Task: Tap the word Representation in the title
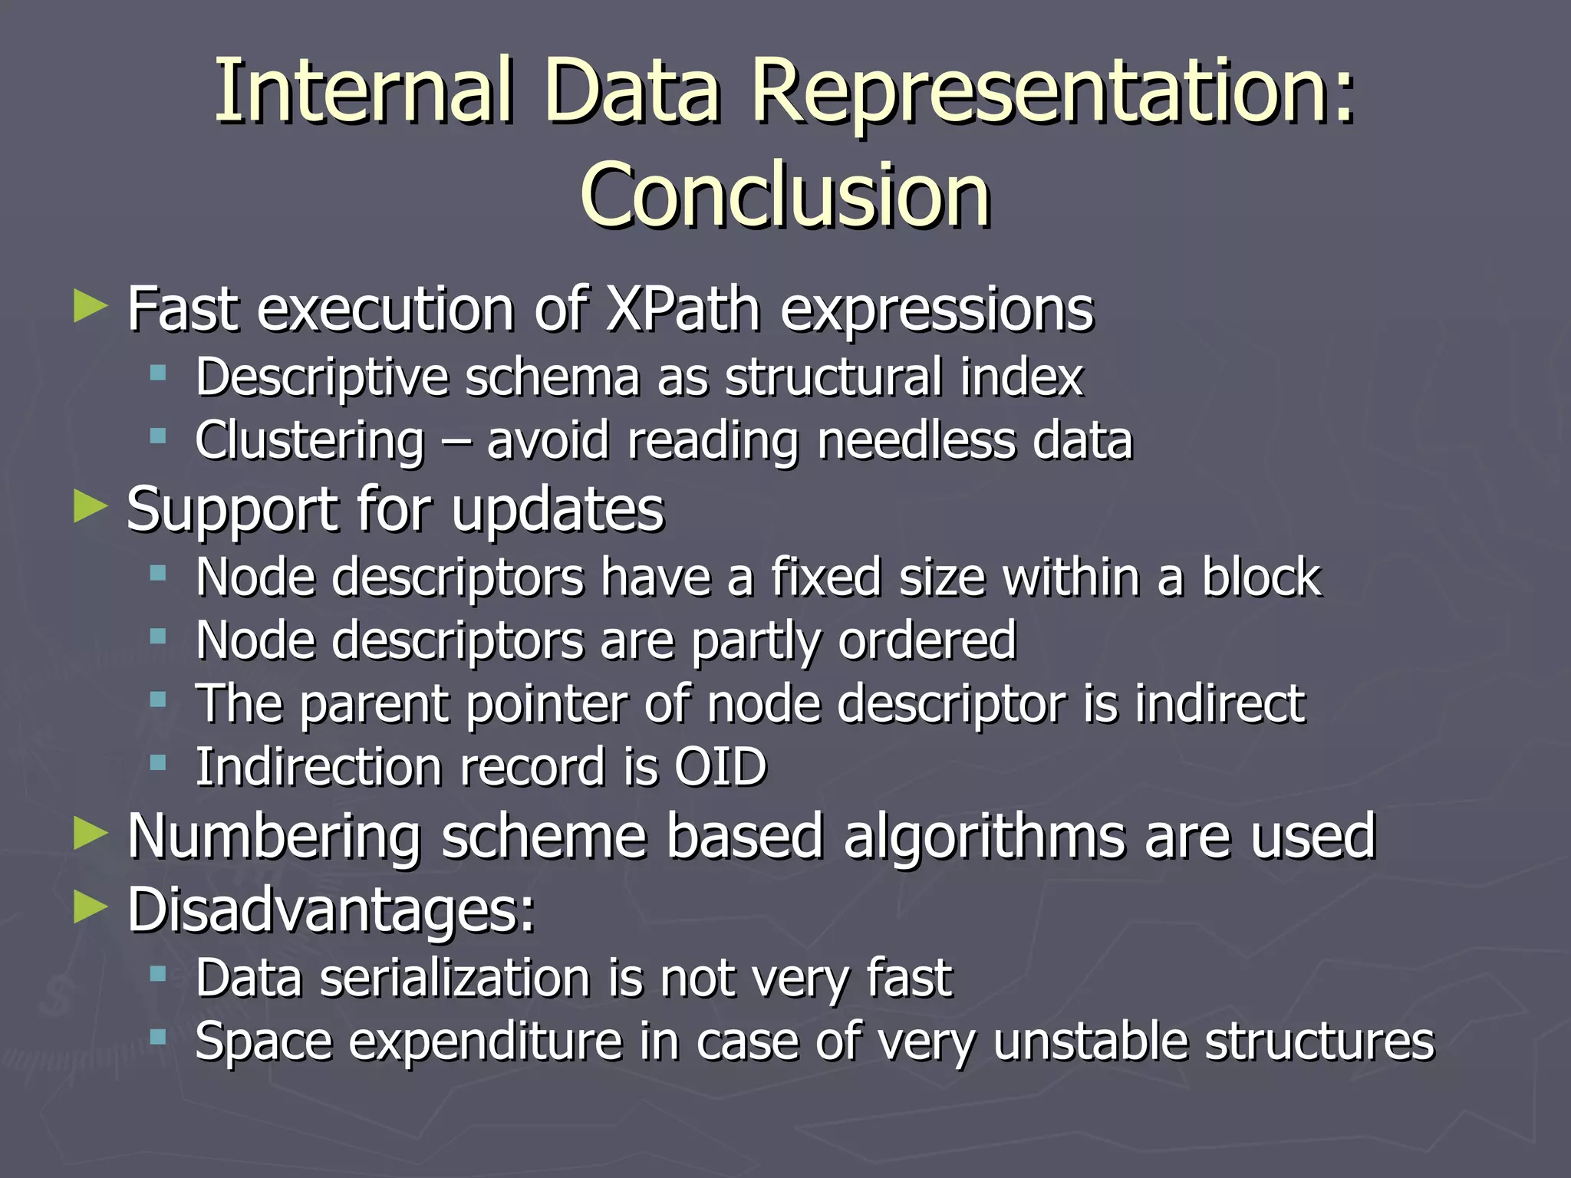click(1052, 92)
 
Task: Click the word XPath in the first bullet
click(683, 309)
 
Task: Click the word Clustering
click(309, 441)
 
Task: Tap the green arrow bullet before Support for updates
click(91, 507)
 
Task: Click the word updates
click(558, 510)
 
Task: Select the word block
click(1261, 577)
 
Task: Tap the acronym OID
click(720, 766)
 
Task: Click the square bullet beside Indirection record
click(159, 763)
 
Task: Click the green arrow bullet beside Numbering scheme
click(91, 834)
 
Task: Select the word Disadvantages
click(331, 910)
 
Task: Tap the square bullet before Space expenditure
click(159, 1038)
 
